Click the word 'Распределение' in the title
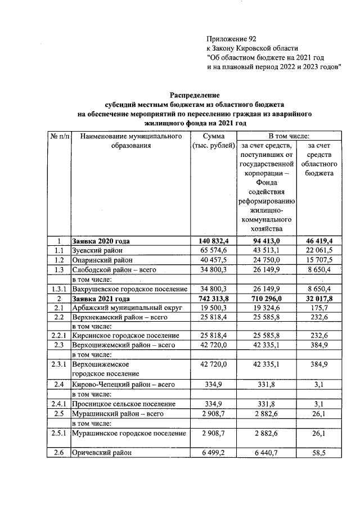pos(194,96)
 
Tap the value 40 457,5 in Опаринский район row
pos(211,260)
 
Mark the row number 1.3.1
pos(58,289)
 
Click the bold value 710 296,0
pos(265,298)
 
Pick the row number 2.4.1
pos(58,404)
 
